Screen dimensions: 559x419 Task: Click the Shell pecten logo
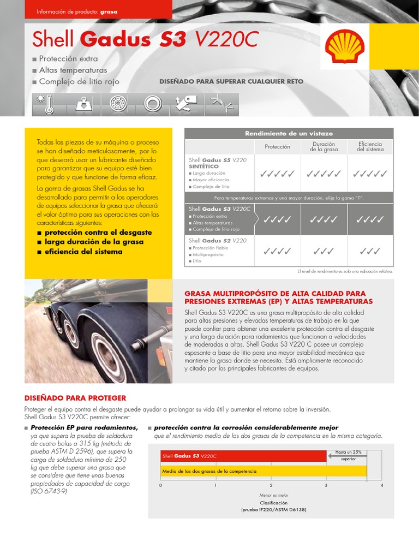tap(344, 46)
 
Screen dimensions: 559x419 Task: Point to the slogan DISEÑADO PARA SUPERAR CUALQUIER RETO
tap(231, 82)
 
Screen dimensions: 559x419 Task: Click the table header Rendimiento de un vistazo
tap(289, 133)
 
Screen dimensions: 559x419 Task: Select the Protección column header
tap(277, 147)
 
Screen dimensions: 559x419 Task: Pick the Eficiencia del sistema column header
tap(370, 147)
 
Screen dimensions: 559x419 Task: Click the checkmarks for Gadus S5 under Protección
tap(277, 174)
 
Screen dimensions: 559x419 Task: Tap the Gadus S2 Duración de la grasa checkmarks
tap(324, 251)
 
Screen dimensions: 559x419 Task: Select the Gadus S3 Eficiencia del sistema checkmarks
tap(370, 219)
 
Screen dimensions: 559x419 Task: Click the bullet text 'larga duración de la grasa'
tap(94, 242)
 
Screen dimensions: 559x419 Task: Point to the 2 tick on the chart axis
tap(271, 485)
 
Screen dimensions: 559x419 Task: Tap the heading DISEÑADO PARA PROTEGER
tap(75, 398)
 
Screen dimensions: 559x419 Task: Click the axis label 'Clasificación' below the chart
tap(273, 503)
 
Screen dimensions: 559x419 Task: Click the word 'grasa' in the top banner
tap(109, 11)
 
